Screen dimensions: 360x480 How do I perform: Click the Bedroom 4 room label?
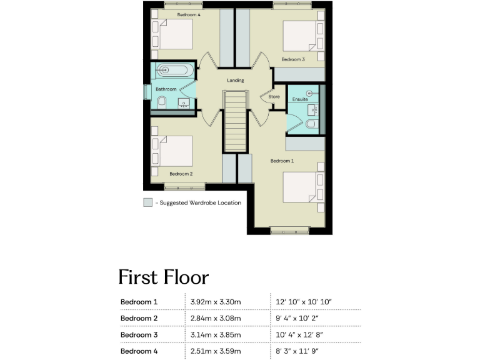tap(188, 14)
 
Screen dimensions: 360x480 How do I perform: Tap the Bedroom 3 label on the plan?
tap(292, 59)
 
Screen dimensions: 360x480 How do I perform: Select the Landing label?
tap(235, 81)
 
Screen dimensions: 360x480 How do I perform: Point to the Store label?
tap(274, 97)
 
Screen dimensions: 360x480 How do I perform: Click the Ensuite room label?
tap(300, 99)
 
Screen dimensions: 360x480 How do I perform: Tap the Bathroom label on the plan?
tap(166, 89)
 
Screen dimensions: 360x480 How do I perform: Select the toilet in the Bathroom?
tap(160, 104)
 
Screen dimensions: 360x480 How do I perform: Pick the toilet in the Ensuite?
tap(311, 126)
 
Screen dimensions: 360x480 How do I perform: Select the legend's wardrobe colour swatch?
tap(147, 202)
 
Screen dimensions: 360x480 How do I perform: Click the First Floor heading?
tap(163, 277)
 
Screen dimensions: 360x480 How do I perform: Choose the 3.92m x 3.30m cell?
tap(216, 302)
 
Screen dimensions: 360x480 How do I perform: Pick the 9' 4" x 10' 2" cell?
tap(302, 319)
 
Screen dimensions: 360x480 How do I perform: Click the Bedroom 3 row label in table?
tap(139, 335)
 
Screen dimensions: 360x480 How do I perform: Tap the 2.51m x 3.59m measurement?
tap(216, 351)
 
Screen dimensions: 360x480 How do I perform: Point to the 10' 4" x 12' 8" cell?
tap(303, 335)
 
